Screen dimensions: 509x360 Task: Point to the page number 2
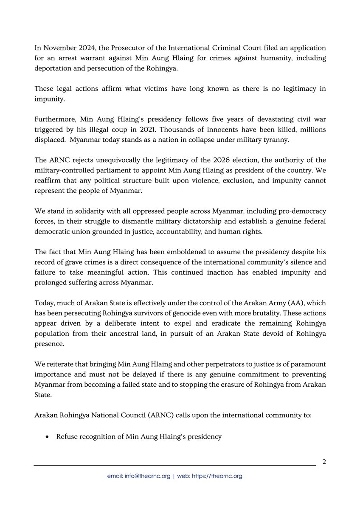click(x=324, y=461)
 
